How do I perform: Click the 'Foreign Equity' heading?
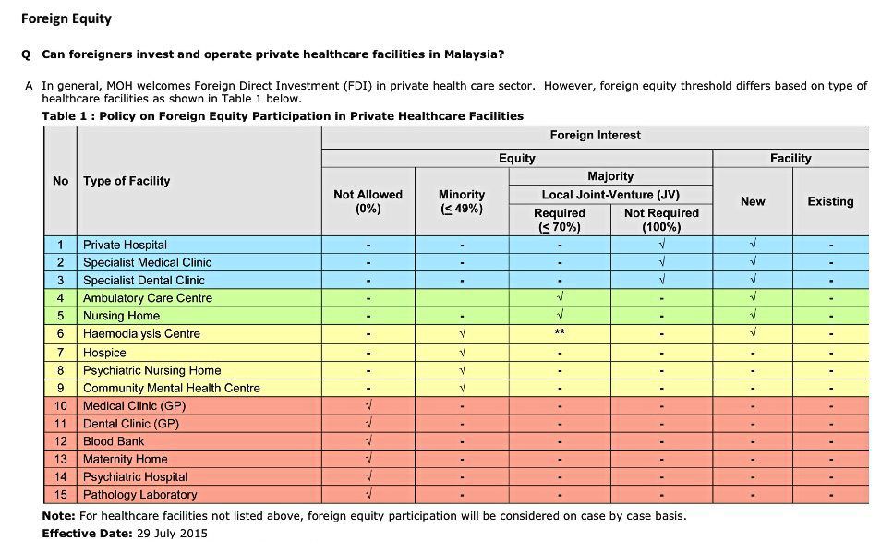point(66,18)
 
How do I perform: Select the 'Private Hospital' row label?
point(125,245)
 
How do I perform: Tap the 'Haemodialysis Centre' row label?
point(141,333)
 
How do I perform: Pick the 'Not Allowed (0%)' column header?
point(368,201)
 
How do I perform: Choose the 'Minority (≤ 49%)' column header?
point(462,201)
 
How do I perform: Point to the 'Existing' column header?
point(830,201)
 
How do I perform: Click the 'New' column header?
point(753,201)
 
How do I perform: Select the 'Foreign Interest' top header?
point(595,136)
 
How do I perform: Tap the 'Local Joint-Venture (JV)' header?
point(609,195)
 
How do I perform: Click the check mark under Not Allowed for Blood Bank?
point(368,441)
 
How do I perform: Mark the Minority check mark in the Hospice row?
point(462,353)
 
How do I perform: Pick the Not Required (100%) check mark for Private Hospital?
point(661,245)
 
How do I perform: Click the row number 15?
point(61,495)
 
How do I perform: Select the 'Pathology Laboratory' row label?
point(139,495)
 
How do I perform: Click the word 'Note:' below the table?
point(58,515)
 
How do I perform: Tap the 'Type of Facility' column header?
point(127,181)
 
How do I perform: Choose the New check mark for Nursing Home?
point(753,316)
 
